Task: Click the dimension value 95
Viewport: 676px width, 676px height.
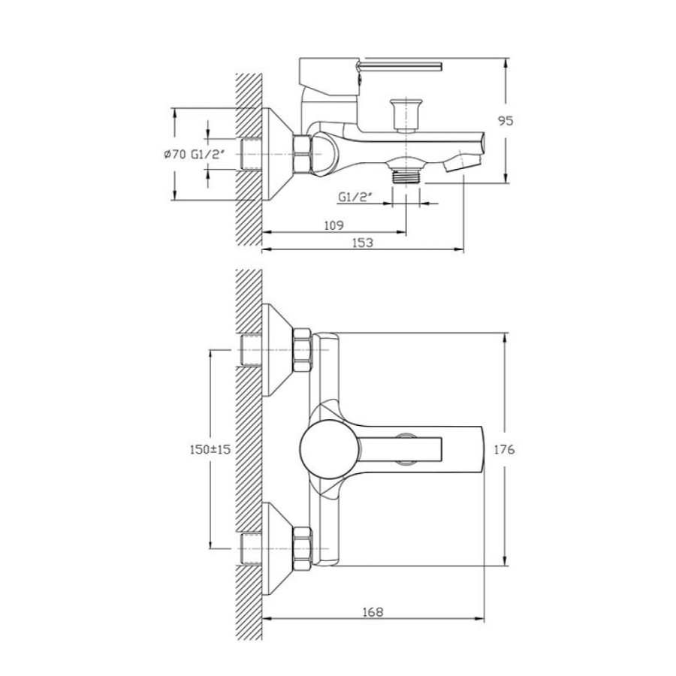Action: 505,121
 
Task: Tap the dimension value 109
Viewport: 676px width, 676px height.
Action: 333,225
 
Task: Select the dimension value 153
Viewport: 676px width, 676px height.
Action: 363,243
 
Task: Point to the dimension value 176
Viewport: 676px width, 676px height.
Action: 504,449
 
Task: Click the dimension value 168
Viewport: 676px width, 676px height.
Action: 373,611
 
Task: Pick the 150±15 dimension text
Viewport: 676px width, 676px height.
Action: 210,449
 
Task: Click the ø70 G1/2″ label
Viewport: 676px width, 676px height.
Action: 195,154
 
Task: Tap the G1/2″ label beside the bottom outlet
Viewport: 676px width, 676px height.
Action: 355,197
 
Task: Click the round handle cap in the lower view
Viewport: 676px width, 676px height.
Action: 330,450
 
